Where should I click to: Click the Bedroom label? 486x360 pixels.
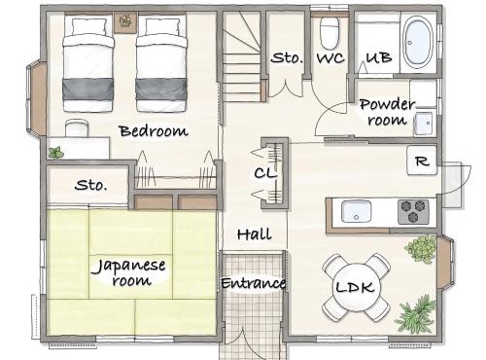(154, 131)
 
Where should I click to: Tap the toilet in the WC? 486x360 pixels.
(330, 32)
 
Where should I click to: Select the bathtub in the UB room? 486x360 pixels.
(418, 42)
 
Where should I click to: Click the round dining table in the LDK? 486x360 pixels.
(356, 287)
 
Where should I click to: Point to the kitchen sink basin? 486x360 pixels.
(357, 211)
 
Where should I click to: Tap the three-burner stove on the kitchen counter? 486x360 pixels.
(413, 212)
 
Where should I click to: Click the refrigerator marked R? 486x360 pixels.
(422, 161)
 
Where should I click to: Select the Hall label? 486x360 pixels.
(255, 234)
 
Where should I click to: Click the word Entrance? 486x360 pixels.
(254, 283)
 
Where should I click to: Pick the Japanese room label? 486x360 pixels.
(129, 272)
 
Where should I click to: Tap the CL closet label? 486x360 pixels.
(265, 173)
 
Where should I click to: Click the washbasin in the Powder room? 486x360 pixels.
(423, 124)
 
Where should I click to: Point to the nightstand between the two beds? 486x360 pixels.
(125, 22)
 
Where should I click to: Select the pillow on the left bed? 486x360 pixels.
(89, 26)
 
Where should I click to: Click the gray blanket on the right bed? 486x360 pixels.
(160, 89)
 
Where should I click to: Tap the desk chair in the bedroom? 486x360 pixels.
(77, 127)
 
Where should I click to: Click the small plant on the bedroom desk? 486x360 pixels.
(56, 153)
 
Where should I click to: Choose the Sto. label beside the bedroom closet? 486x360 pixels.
(90, 185)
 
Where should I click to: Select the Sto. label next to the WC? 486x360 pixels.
(287, 58)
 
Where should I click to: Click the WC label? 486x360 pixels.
(330, 58)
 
